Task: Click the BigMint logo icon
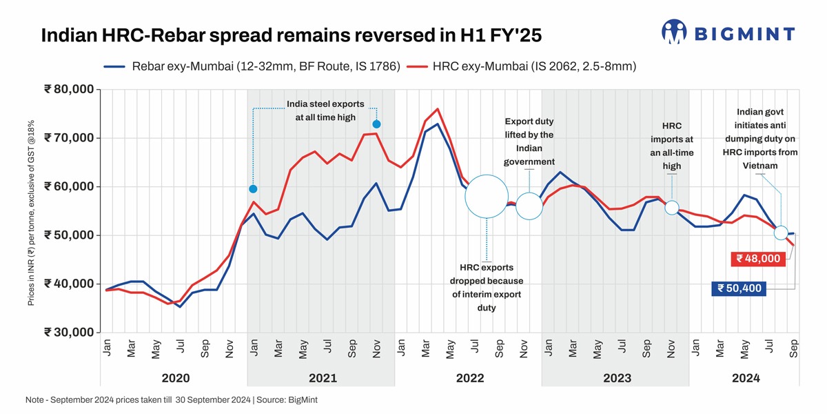tap(674, 32)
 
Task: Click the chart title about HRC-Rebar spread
tap(296, 36)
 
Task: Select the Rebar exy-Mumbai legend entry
tap(252, 67)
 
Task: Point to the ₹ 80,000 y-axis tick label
tap(69, 90)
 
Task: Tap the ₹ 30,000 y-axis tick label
tap(69, 332)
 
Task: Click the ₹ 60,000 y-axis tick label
tap(69, 186)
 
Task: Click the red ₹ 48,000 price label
tap(758, 259)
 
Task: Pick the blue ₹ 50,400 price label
tap(739, 288)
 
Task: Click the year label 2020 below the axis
tap(176, 378)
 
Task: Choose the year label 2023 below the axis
tap(617, 378)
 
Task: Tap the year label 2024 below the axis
tap(746, 378)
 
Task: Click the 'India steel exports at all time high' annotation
tap(321, 111)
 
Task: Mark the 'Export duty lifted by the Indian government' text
tap(529, 141)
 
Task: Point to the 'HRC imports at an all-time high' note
tap(671, 146)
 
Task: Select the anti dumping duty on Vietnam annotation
tap(759, 139)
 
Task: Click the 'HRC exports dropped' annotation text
tap(487, 288)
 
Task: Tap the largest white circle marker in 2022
tap(487, 197)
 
